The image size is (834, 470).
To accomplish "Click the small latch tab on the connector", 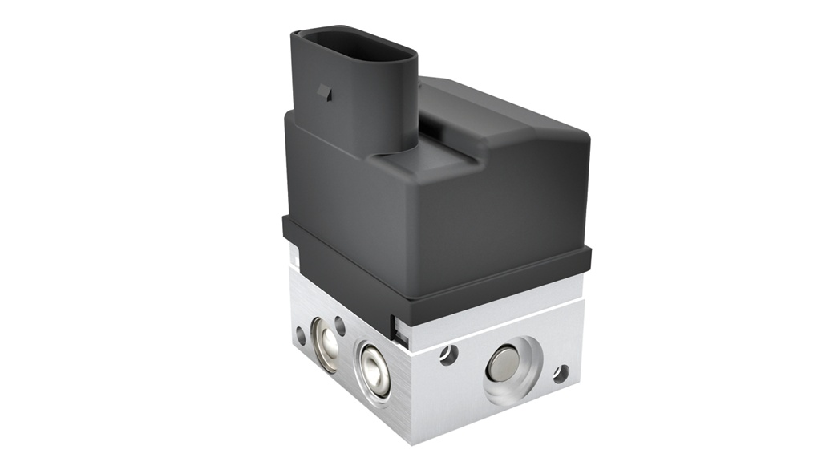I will pos(325,91).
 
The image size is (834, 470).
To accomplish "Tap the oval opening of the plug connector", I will pos(353,48).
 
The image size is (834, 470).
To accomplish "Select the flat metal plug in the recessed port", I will pos(503,363).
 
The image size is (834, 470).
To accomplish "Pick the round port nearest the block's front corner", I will pos(373,367).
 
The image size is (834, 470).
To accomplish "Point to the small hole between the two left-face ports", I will pos(340,325).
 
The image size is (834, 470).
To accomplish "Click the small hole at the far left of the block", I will pos(300,334).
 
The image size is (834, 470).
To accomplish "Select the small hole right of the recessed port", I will pos(561,373).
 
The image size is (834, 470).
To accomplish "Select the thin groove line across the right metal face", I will pos(497,324).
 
